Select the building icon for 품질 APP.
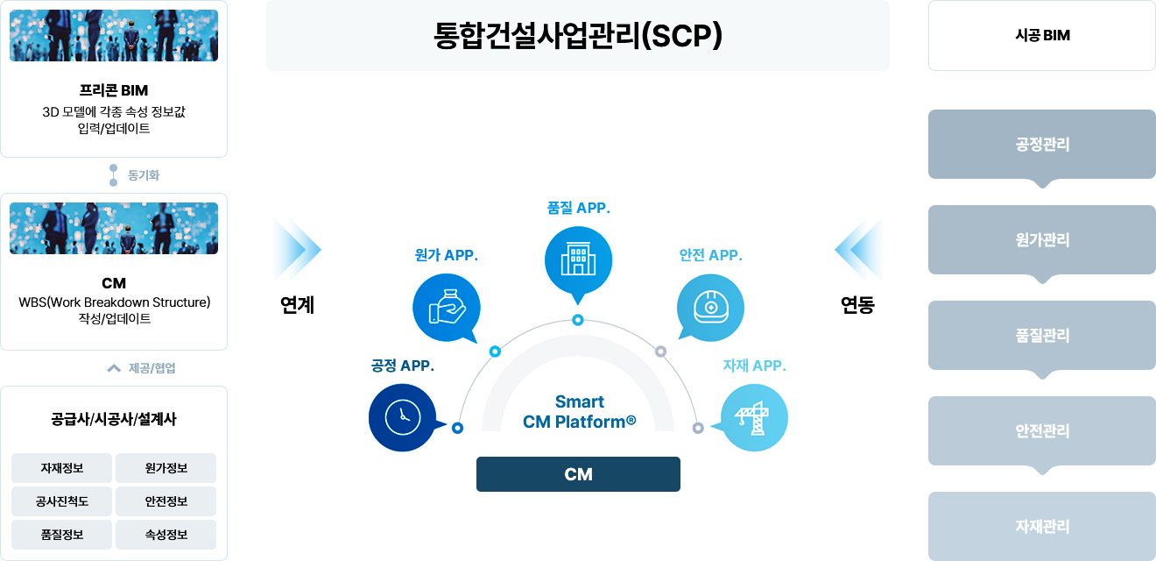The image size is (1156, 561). point(578,260)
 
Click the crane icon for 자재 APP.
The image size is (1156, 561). point(753,417)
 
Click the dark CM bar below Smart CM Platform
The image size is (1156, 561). point(578,474)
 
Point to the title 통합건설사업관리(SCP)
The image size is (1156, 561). point(578,35)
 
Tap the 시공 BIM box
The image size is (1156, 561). point(1042,36)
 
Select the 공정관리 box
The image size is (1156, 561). point(1042,145)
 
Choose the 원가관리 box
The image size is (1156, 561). point(1042,240)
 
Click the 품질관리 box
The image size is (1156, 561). point(1042,336)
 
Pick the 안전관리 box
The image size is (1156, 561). point(1042,431)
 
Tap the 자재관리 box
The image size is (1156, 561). point(1042,527)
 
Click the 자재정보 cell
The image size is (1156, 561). point(61,468)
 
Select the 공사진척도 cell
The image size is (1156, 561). point(61,501)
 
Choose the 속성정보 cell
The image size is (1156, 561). point(166,535)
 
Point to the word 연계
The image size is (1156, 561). point(297,305)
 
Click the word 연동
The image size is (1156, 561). point(857,305)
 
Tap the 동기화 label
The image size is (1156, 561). point(144,175)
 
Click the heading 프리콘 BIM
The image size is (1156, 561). point(114,91)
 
